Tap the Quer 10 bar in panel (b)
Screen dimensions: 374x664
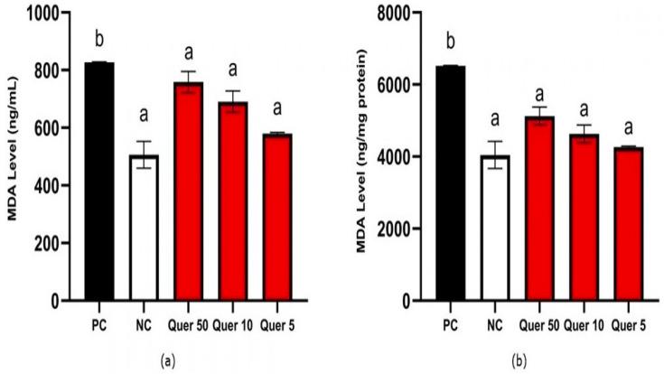tap(583, 217)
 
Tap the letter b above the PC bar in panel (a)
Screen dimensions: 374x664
tap(98, 41)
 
